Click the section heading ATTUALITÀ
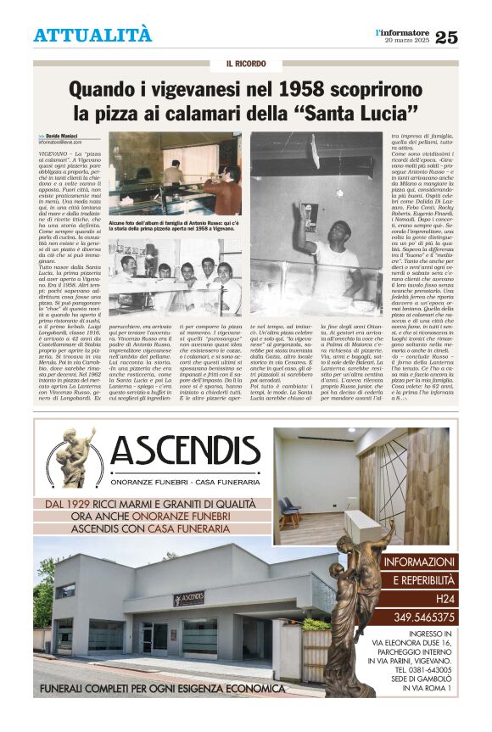coord(92,36)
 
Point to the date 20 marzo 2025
coord(407,41)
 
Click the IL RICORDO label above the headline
coord(246,64)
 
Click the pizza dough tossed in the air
coord(314,149)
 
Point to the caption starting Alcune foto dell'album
coord(175,224)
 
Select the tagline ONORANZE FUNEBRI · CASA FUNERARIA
coord(184,481)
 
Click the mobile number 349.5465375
coord(422,617)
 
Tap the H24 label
coord(422,599)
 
